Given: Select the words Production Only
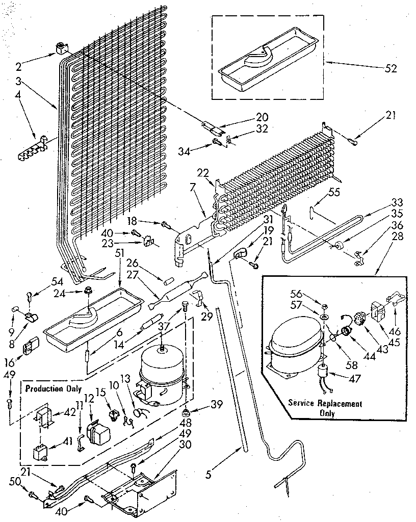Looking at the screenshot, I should (x=53, y=388).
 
